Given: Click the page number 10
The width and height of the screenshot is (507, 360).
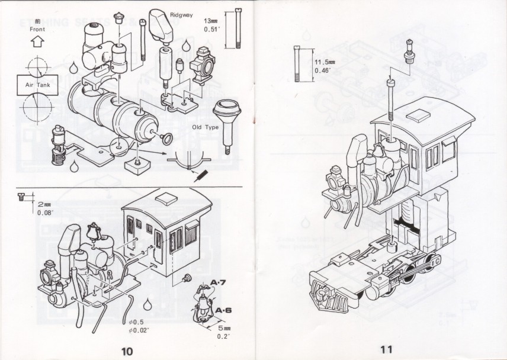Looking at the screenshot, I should [127, 350].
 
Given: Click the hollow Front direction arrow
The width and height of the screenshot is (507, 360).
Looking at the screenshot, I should [37, 42].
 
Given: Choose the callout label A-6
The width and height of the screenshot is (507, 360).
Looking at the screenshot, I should [223, 310].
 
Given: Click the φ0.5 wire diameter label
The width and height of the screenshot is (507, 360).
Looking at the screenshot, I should [137, 322].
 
